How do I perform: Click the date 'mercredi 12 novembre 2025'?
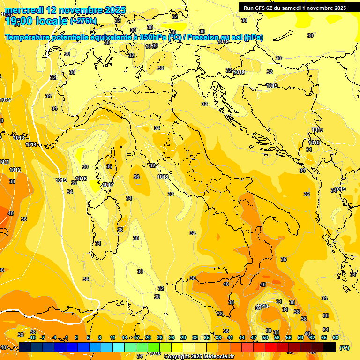click(65, 10)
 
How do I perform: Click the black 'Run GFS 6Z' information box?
click(294, 7)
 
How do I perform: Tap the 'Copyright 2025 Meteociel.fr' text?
click(199, 356)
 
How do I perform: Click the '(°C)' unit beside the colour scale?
click(344, 348)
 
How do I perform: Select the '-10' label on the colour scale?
click(32, 337)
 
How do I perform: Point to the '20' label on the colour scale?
click(148, 337)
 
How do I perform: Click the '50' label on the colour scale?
click(265, 337)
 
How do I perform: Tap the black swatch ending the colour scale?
click(330, 347)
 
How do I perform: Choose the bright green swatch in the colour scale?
click(154, 347)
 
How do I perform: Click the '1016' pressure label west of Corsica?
click(81, 179)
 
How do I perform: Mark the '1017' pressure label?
click(107, 185)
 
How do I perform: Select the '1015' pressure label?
click(61, 180)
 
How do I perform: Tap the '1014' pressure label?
click(31, 144)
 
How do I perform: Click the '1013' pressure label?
click(19, 138)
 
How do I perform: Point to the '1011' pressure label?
click(4, 162)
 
